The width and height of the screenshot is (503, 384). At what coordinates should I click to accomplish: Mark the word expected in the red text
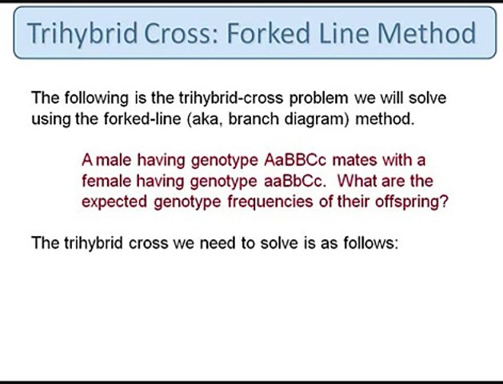(x=112, y=202)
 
